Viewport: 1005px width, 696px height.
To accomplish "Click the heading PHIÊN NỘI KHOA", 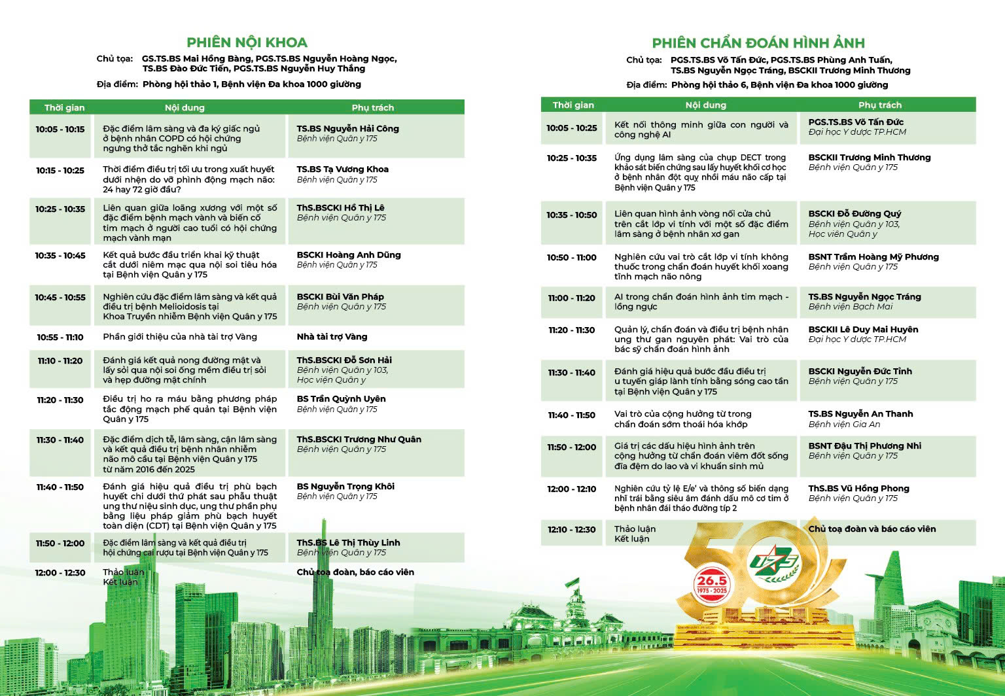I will click(247, 43).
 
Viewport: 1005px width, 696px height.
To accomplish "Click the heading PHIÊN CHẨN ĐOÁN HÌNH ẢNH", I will click(758, 43).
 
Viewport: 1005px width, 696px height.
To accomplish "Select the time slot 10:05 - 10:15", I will click(60, 130).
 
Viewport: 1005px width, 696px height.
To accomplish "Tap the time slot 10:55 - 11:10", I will click(60, 338).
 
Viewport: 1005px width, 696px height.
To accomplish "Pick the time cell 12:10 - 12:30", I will click(572, 530).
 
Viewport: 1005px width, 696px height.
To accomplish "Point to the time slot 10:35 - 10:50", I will click(572, 215).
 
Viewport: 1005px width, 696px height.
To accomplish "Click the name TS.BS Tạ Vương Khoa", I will click(342, 169).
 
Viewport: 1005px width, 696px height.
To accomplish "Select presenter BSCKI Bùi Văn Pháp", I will click(340, 297).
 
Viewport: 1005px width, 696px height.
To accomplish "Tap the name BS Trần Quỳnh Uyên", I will click(341, 399).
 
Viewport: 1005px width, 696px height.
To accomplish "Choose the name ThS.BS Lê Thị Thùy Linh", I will click(348, 543).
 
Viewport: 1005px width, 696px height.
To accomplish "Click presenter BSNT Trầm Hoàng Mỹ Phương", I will click(873, 257).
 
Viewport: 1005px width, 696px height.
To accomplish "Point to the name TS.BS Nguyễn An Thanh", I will click(860, 414).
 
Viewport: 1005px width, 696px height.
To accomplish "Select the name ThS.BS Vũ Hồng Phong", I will click(858, 489).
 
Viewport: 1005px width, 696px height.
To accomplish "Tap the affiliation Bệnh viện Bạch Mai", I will click(850, 307).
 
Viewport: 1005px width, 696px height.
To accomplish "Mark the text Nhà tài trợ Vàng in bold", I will click(332, 337).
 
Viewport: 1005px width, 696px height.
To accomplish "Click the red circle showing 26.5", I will click(711, 583).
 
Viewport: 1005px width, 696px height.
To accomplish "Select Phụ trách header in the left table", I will click(372, 108).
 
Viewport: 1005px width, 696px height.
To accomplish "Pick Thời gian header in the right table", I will click(573, 105).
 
